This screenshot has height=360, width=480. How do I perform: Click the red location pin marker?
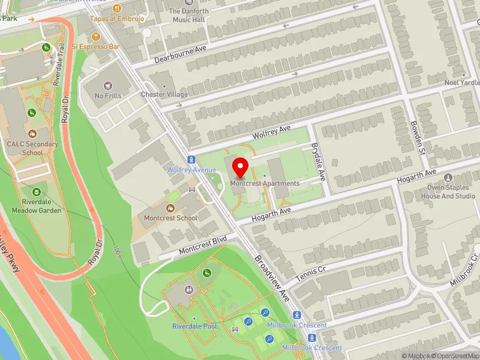point(241,167)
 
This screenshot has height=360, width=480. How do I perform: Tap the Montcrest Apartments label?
point(265,184)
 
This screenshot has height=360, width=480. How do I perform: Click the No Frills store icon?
point(108,86)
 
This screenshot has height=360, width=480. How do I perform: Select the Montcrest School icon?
point(170,208)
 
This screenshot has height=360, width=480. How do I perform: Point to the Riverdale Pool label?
point(194,326)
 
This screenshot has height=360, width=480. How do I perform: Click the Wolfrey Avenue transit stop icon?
point(191,160)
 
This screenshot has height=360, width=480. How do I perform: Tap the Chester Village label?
point(164,95)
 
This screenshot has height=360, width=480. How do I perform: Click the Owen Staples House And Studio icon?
point(448,178)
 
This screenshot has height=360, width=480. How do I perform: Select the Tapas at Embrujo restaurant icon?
point(117,8)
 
